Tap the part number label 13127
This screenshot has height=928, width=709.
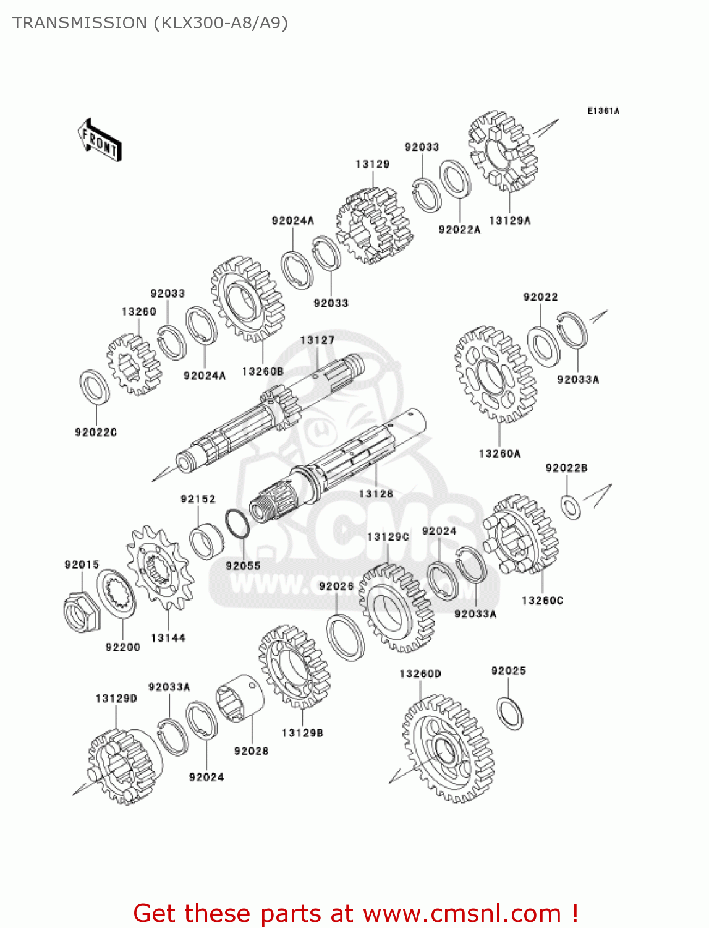click(317, 340)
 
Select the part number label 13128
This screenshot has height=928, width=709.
click(376, 494)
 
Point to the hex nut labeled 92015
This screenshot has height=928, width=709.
click(81, 612)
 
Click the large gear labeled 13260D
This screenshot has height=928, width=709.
click(448, 749)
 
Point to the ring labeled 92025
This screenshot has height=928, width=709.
click(510, 713)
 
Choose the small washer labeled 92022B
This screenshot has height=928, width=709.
click(571, 506)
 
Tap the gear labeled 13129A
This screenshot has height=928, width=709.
click(503, 152)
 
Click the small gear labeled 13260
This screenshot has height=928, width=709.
click(134, 364)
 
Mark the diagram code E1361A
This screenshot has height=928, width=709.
click(603, 111)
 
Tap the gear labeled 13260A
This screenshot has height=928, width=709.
click(495, 375)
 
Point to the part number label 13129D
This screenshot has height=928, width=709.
click(116, 698)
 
